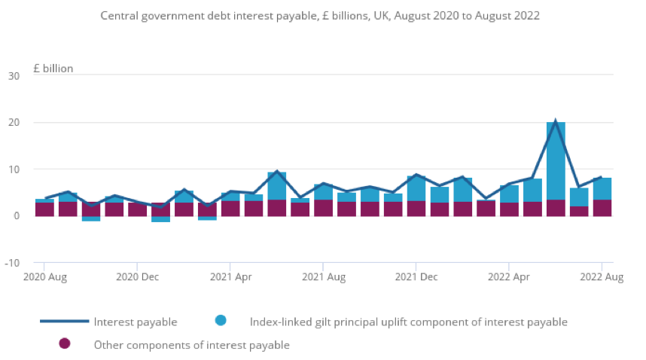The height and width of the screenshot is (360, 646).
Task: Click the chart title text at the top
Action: (320, 15)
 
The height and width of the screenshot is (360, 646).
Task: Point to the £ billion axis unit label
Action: (53, 69)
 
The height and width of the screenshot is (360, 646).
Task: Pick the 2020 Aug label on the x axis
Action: (45, 277)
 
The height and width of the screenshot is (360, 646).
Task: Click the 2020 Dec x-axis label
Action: (137, 277)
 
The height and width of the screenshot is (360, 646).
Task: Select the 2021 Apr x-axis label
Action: (230, 277)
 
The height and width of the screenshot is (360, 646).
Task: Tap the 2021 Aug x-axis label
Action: (323, 277)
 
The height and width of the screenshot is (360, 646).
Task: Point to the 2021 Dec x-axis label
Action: (416, 277)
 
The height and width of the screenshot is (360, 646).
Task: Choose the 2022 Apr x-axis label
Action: (509, 277)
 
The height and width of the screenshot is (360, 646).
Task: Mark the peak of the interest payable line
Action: (556, 122)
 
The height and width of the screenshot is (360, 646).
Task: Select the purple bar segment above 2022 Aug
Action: (602, 208)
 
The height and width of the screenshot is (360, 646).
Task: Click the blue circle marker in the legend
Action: (220, 321)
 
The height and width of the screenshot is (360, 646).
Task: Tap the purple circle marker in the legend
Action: (64, 343)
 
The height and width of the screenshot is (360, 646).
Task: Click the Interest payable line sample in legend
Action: (63, 322)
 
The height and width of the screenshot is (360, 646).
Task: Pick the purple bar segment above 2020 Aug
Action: (45, 209)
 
